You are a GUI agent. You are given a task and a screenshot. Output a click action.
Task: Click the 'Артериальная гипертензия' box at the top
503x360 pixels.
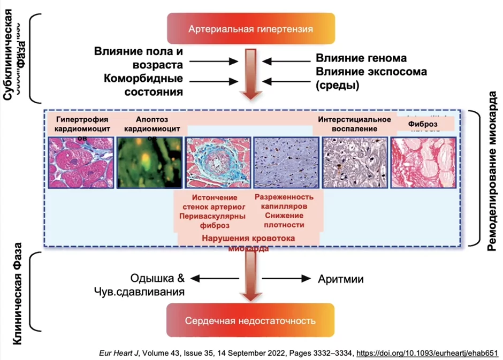251,28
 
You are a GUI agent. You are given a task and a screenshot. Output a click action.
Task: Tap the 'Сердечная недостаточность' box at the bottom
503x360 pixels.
250,321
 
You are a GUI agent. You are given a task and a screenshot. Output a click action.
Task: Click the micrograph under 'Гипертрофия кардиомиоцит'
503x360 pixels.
81,162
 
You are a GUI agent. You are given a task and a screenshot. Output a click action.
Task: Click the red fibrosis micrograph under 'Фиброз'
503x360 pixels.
423,162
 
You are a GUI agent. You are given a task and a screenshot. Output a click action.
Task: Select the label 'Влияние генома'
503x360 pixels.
361,58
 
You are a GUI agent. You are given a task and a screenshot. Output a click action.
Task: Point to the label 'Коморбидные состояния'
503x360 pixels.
139,85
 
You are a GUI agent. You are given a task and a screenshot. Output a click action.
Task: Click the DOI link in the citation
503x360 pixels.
427,353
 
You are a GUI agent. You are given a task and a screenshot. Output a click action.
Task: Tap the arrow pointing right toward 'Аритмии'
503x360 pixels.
286,279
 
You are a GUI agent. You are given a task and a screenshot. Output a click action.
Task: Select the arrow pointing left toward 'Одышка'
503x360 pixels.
215,279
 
